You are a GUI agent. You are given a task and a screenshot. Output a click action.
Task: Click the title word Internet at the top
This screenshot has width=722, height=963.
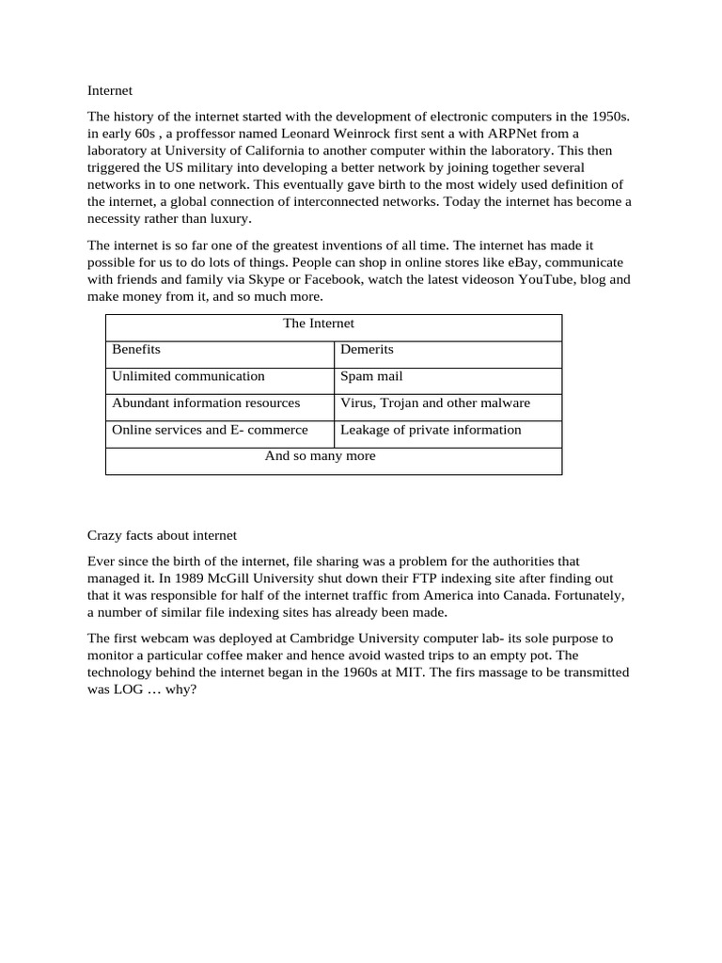click(110, 91)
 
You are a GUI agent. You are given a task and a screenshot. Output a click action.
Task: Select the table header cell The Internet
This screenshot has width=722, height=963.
click(319, 324)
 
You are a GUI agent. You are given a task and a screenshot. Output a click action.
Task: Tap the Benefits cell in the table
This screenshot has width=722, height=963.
click(136, 350)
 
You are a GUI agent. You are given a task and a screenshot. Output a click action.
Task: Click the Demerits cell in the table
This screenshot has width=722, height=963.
click(367, 350)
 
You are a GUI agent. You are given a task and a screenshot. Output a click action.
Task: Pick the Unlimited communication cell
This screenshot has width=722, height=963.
click(188, 376)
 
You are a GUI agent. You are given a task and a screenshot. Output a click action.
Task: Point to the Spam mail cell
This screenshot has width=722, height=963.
click(371, 376)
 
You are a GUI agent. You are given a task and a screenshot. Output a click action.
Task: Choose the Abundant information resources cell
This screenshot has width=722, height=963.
click(206, 403)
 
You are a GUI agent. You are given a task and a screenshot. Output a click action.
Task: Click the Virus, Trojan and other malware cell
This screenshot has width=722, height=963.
click(435, 403)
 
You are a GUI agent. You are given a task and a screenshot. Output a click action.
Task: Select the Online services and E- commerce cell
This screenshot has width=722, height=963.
click(210, 430)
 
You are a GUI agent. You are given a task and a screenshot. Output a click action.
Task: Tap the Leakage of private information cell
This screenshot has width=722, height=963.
click(431, 430)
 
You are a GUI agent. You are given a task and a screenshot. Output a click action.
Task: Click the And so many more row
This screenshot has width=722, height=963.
click(320, 456)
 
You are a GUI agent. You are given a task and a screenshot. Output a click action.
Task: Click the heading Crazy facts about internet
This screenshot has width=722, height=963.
click(162, 535)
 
